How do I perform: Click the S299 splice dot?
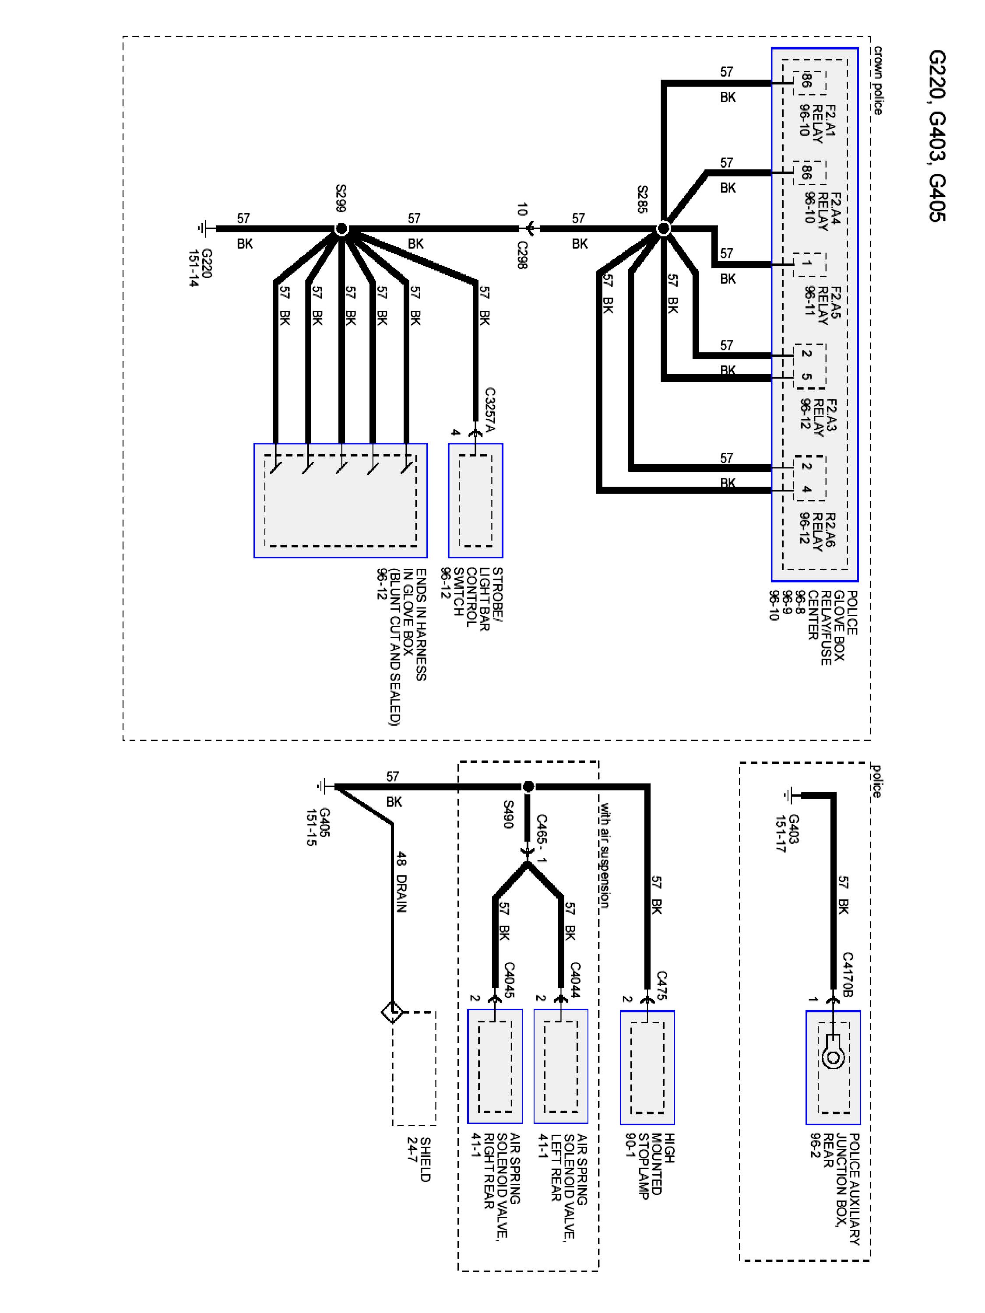(341, 228)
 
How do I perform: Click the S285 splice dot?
(664, 228)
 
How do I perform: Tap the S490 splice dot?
(528, 786)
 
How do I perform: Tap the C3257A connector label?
(490, 410)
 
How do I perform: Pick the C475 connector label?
(662, 985)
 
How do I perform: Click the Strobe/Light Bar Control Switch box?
(475, 500)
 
